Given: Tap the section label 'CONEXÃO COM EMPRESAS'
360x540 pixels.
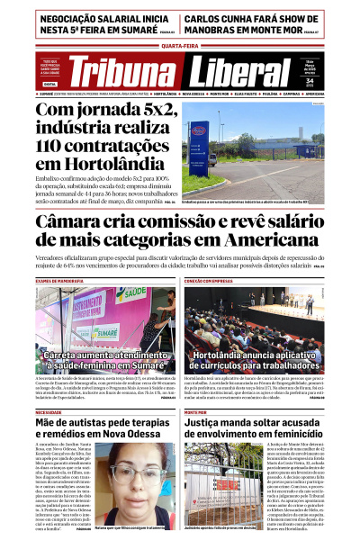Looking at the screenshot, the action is tap(212, 282).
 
